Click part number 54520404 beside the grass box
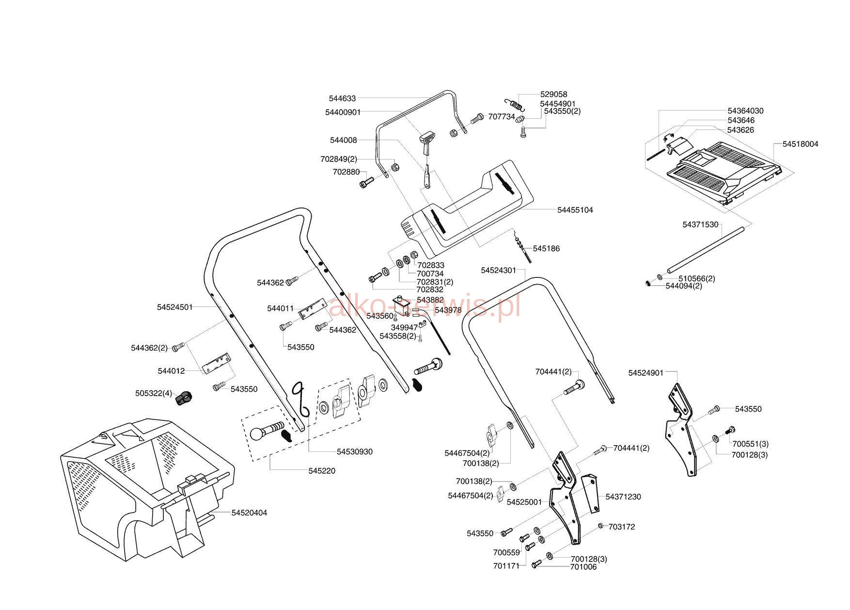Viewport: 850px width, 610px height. tap(249, 513)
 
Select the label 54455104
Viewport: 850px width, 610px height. tap(575, 210)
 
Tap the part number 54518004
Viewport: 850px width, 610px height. tap(800, 144)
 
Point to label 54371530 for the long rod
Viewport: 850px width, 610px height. tap(700, 225)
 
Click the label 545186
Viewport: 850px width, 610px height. tap(546, 248)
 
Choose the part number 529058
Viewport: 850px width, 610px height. tap(553, 95)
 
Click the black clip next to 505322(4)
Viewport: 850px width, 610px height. tap(184, 398)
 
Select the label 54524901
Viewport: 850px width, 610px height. tap(645, 373)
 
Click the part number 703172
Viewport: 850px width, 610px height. tap(621, 527)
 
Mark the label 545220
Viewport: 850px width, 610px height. tap(322, 471)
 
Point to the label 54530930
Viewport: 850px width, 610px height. tap(355, 451)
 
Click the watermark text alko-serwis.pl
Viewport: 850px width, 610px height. tap(425, 306)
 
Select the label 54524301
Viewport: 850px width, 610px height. tap(498, 270)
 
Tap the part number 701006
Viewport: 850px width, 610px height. tap(583, 567)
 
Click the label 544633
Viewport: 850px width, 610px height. tap(342, 98)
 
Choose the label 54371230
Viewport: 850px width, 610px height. tap(623, 497)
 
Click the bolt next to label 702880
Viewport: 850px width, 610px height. tap(367, 182)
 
